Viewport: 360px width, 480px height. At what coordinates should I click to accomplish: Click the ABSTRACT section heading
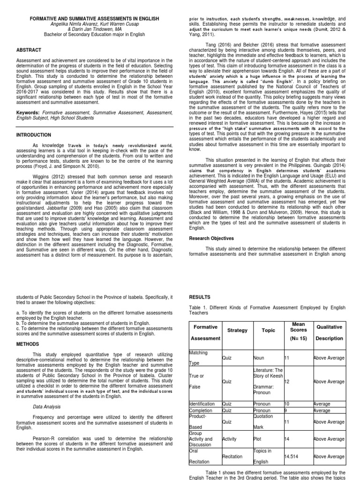[x=29, y=50]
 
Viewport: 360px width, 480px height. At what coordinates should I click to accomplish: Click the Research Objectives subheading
[x=211, y=238]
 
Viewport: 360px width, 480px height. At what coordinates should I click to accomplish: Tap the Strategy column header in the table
[x=237, y=330]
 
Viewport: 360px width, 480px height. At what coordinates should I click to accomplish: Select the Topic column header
[x=268, y=330]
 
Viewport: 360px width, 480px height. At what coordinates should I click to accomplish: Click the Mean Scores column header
[x=299, y=326]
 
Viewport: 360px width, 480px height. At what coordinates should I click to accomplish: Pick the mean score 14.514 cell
[x=293, y=456]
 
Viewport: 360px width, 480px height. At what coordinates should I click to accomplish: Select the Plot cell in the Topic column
[x=258, y=439]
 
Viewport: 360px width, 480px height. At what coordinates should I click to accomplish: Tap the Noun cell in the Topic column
[x=259, y=358]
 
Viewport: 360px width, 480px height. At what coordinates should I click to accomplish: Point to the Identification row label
[x=202, y=404]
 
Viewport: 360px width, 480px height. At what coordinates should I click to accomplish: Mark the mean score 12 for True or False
[x=287, y=382]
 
